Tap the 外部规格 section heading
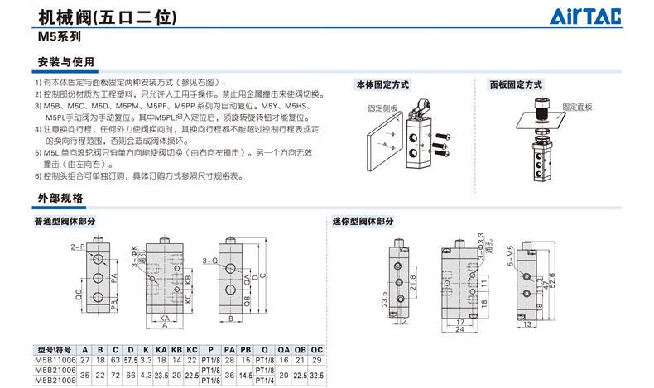60,198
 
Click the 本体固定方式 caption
383,84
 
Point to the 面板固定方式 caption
515,84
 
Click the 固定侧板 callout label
382,108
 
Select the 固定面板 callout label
578,108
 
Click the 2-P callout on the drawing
78,247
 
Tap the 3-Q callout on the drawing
209,261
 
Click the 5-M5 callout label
511,256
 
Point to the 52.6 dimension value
551,285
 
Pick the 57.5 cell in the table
130,360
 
